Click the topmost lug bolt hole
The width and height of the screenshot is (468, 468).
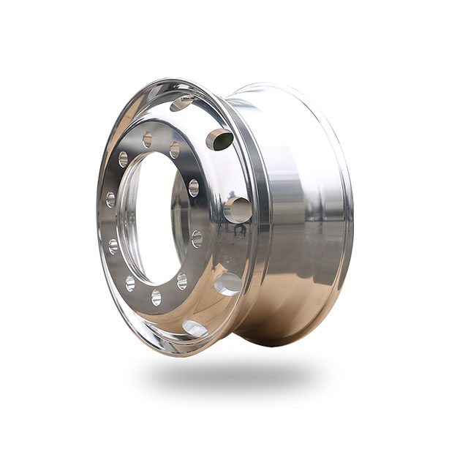(148, 139)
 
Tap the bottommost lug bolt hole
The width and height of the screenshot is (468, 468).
(156, 296)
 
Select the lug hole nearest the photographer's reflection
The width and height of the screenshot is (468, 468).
(197, 238)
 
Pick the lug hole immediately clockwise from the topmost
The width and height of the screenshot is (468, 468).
(175, 150)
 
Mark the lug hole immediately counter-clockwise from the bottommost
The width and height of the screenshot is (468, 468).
(181, 281)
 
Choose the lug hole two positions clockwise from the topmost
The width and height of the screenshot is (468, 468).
(193, 187)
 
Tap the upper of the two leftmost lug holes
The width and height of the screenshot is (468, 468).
(110, 199)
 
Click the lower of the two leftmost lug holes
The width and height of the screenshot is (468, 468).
(113, 246)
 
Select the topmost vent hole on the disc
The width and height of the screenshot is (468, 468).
(183, 103)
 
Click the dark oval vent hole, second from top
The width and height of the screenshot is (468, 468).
(219, 139)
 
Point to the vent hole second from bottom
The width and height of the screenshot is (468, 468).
(228, 283)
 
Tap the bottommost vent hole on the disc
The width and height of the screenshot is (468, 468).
(195, 328)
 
